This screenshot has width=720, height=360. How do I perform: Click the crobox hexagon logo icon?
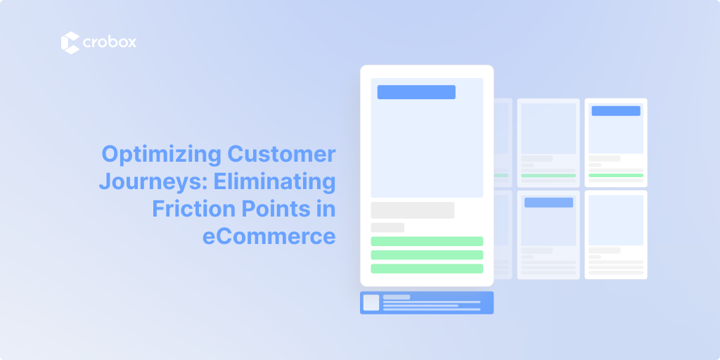[70, 43]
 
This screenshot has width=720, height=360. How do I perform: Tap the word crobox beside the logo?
[109, 43]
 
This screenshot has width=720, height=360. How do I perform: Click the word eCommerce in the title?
[269, 236]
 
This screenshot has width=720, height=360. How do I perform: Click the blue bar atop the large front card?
[416, 92]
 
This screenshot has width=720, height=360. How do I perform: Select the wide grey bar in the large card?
[413, 210]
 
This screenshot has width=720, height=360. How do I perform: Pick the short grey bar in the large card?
[387, 227]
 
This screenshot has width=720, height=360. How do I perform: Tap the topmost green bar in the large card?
[427, 241]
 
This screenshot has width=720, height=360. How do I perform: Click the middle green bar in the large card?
[427, 255]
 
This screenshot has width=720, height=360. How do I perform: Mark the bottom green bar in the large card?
[427, 268]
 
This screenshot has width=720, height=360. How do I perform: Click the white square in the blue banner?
[371, 302]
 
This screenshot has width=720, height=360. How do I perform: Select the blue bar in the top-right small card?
[616, 110]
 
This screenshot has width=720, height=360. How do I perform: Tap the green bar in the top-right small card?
[616, 175]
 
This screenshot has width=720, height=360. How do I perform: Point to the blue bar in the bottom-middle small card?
[548, 202]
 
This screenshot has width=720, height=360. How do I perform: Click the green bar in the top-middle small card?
[548, 175]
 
